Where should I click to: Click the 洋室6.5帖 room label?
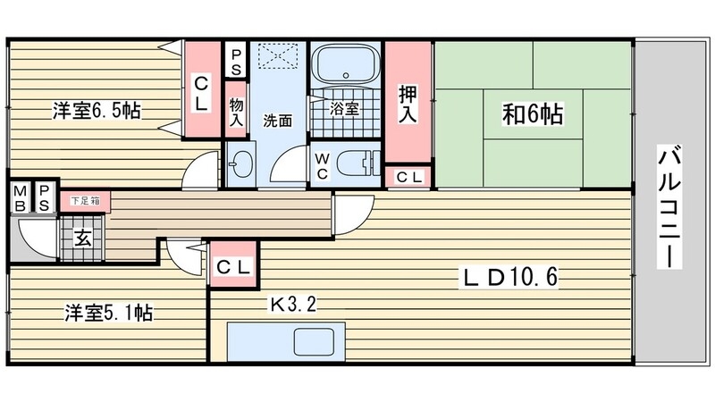point(97,111)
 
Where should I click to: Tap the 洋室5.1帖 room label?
point(108,313)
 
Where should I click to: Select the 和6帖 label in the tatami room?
point(532,114)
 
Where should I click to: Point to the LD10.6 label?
point(510,277)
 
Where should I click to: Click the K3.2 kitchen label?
point(293,304)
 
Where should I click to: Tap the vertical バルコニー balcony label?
point(669,206)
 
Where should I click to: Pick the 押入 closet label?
point(408,104)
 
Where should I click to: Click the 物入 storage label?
point(236,113)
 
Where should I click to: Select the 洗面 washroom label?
point(277,121)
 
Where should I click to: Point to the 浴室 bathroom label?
point(344,108)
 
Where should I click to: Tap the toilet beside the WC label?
point(358,163)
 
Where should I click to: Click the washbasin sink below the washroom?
point(240,163)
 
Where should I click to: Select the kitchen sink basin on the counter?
point(315,342)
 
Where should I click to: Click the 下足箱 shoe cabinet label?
point(85,201)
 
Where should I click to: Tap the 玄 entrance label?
point(82,239)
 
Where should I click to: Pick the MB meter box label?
point(20,197)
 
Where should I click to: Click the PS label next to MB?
point(44,197)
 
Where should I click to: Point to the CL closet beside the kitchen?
point(234,267)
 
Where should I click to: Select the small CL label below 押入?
point(409,177)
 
